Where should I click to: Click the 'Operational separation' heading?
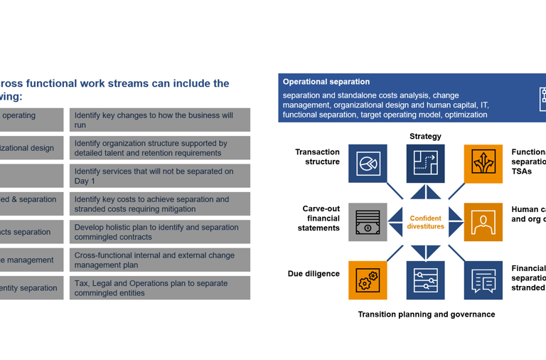coord(326,82)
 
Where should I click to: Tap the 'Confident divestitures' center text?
coord(425,223)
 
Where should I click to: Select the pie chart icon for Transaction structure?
coord(368,164)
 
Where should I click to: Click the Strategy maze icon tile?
coord(425,164)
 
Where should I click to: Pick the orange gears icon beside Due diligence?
coord(368,280)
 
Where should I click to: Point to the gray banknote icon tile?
coord(368,222)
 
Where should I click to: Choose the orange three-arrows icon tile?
coord(483,164)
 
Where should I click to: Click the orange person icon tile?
coord(483,222)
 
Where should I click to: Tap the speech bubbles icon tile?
coord(483,280)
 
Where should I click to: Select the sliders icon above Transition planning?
coord(425,280)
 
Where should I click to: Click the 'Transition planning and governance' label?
coord(426,314)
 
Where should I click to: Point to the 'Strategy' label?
coord(425,137)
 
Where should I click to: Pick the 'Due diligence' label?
coord(314,274)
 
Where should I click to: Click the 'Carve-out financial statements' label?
coord(321,218)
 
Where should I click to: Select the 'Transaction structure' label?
coord(317,157)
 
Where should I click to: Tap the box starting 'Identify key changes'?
coord(159,120)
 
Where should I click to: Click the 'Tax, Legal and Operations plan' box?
coord(159,288)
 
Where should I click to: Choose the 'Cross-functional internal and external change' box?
coord(159,260)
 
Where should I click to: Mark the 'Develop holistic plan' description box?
coord(159,232)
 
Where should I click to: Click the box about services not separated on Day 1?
coord(159,176)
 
